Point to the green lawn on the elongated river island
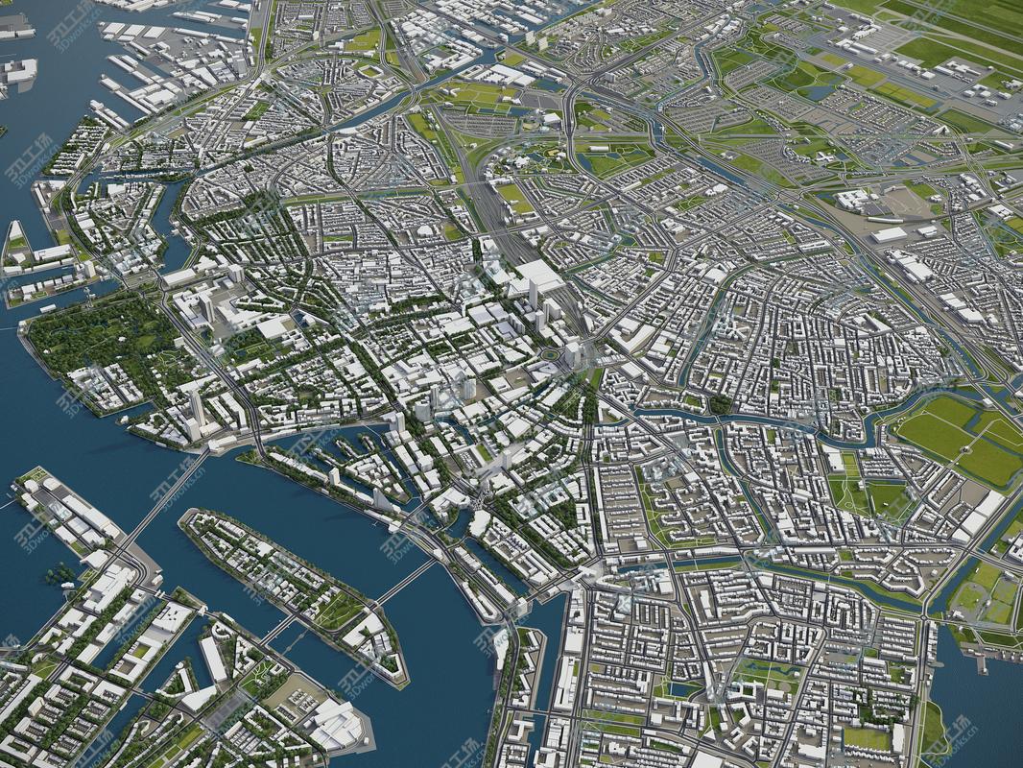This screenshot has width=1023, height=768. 337,611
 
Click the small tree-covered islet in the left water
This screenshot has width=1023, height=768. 59,574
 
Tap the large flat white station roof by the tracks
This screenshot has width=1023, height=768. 537,277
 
